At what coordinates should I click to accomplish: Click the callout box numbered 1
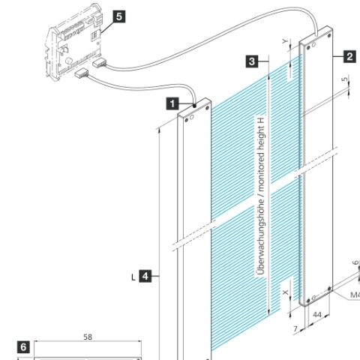pyautogui.click(x=172, y=103)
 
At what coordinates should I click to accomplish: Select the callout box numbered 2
pyautogui.click(x=349, y=57)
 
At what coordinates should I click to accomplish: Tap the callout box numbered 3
pyautogui.click(x=252, y=61)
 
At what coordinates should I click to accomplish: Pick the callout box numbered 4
pyautogui.click(x=145, y=276)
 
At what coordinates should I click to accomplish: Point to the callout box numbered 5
pyautogui.click(x=119, y=16)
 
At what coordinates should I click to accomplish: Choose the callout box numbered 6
pyautogui.click(x=23, y=347)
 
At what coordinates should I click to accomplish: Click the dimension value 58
pyautogui.click(x=88, y=337)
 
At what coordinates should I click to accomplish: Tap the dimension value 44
pyautogui.click(x=317, y=314)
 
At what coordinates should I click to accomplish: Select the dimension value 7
pyautogui.click(x=295, y=329)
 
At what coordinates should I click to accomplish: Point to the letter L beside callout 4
pyautogui.click(x=133, y=277)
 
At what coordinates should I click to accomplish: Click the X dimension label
pyautogui.click(x=286, y=292)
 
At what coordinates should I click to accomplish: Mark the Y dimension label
pyautogui.click(x=285, y=41)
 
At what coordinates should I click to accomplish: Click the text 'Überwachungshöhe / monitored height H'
pyautogui.click(x=260, y=196)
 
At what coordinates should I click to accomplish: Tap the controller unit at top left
pyautogui.click(x=73, y=41)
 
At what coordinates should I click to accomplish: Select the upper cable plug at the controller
pyautogui.click(x=99, y=63)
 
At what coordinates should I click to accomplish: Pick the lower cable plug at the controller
pyautogui.click(x=82, y=73)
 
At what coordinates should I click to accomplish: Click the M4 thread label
pyautogui.click(x=355, y=295)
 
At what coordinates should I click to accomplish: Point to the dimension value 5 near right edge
pyautogui.click(x=345, y=79)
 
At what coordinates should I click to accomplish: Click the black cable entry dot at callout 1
pyautogui.click(x=194, y=106)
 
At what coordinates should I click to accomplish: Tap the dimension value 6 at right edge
pyautogui.click(x=355, y=263)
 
